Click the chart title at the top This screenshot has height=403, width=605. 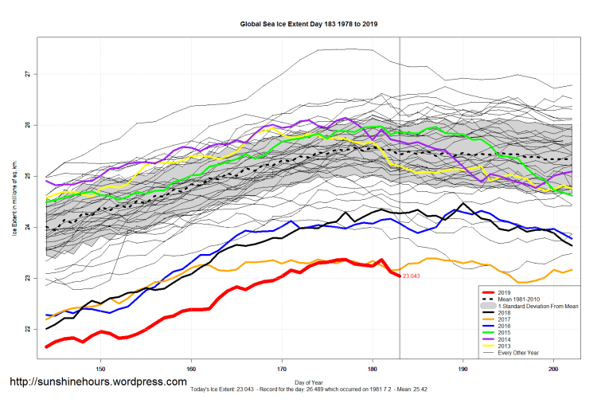point(309,24)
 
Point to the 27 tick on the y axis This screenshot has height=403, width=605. point(27,74)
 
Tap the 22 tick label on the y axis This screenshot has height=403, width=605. point(27,329)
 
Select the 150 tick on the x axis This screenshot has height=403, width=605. point(100,369)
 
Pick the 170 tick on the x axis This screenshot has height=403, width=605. point(282,369)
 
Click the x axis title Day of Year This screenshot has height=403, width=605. point(309,381)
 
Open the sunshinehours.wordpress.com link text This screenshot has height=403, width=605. point(98,382)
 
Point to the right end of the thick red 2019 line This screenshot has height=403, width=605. point(399,276)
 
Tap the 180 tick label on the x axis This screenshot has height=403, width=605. point(373,369)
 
